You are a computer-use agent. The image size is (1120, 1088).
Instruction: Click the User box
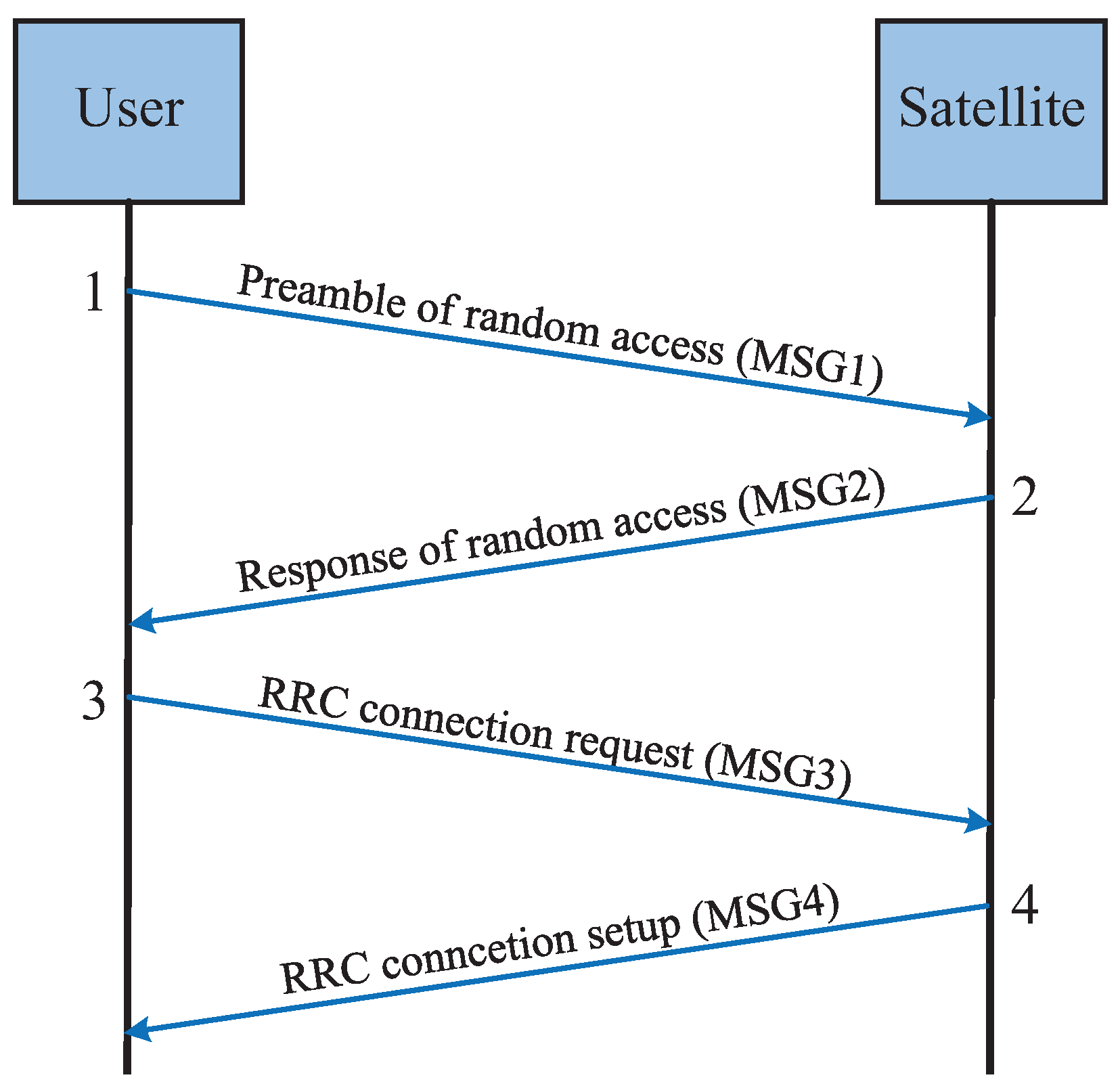coord(129,111)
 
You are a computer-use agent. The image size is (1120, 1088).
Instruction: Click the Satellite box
coord(991,111)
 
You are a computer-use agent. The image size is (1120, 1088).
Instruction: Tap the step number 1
coord(95,293)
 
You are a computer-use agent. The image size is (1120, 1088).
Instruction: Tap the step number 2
coord(1025,497)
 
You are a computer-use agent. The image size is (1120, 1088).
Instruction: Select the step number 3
coord(94,700)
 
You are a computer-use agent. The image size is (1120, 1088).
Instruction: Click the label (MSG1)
coord(809,367)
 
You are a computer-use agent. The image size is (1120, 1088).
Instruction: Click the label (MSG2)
coord(811,499)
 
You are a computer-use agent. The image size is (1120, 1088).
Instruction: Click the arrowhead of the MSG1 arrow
coord(979,415)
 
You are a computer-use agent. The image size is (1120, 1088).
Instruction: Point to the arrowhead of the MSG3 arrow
coord(979,821)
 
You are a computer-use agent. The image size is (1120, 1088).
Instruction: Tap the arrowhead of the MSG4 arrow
coord(138,1030)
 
